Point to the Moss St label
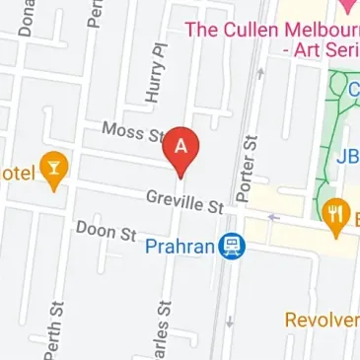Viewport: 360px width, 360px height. coord(131,132)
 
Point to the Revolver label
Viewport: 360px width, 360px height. coord(322,320)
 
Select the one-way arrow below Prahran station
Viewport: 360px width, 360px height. coord(228,320)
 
